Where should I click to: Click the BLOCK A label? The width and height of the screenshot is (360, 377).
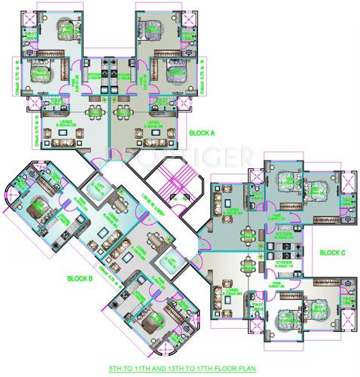coord(201,133)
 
